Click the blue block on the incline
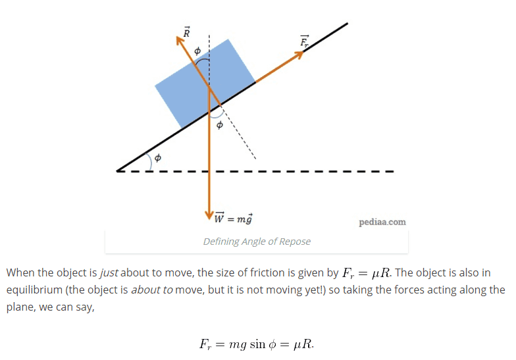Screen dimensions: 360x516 click(x=204, y=82)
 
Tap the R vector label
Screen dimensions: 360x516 click(x=186, y=31)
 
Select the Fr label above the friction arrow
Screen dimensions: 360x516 click(x=304, y=41)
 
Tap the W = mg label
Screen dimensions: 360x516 click(x=234, y=218)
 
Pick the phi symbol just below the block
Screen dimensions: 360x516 click(x=220, y=124)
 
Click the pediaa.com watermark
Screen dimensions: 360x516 click(x=382, y=222)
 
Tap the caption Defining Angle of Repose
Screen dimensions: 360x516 click(x=257, y=241)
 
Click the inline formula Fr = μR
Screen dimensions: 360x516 click(x=371, y=272)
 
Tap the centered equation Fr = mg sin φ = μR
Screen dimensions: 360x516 click(x=257, y=344)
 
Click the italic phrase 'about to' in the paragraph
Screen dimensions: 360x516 click(x=151, y=290)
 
